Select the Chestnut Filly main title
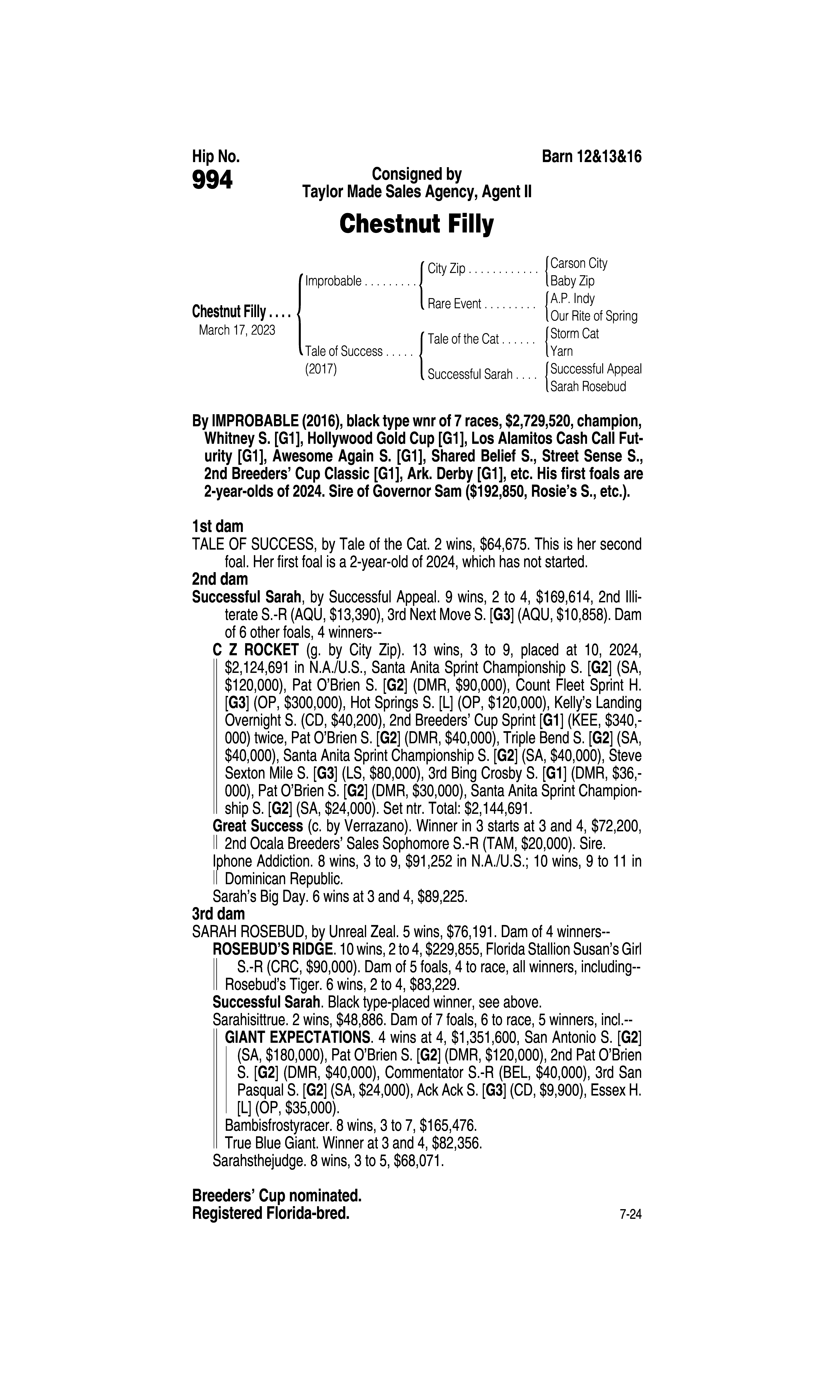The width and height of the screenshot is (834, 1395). pyautogui.click(x=416, y=224)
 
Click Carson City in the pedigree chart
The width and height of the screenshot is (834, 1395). pyautogui.click(x=579, y=263)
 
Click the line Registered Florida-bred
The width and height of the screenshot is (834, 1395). pyautogui.click(x=270, y=1213)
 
